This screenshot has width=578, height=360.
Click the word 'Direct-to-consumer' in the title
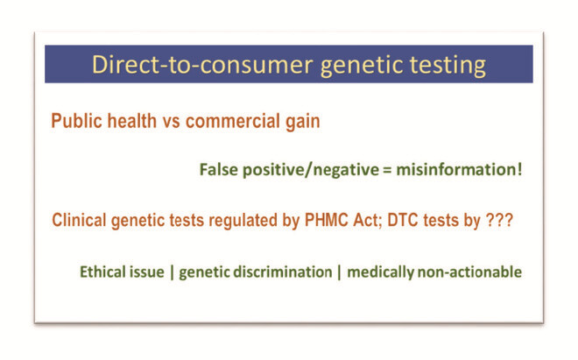coord(202,65)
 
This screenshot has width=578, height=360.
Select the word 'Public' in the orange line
coord(75,121)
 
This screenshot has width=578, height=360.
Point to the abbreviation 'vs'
coord(171,123)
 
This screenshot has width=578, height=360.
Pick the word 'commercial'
coord(233,121)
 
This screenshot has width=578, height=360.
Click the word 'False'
coord(219,170)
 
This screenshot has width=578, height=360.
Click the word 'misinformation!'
coord(459,170)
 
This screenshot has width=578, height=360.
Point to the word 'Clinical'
coord(79,220)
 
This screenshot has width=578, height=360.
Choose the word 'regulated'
coord(243,222)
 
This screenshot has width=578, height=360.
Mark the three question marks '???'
coord(499,220)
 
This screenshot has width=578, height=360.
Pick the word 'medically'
coord(381,273)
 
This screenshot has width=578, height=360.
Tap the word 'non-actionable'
coord(469,272)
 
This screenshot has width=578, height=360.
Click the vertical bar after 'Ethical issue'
coord(172,272)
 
